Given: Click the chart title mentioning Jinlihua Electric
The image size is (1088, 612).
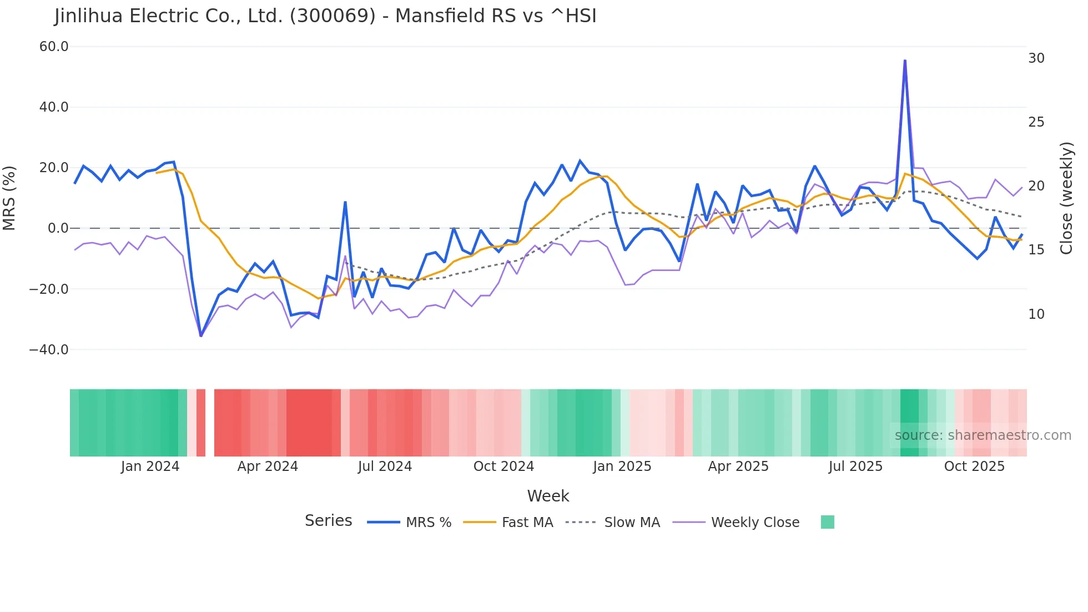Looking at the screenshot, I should (325, 16).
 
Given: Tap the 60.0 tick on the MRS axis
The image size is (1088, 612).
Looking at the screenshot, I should (54, 47).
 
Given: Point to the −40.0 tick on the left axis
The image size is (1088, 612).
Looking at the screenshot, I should (49, 350).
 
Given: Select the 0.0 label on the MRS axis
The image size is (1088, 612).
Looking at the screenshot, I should (58, 228).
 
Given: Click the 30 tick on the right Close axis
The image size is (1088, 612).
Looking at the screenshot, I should (1036, 58).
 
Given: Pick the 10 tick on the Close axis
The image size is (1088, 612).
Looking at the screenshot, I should (1036, 314).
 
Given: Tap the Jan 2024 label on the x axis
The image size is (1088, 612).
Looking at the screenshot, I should (150, 466).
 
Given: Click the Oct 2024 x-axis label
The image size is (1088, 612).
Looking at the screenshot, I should (503, 466).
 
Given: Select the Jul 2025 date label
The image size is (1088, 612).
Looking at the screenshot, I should (855, 466).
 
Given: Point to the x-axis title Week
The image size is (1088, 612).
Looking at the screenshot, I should (548, 496).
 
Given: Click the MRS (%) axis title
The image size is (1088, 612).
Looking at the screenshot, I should (9, 198).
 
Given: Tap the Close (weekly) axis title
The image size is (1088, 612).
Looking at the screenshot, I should (1066, 198).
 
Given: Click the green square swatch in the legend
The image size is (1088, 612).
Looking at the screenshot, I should (827, 522).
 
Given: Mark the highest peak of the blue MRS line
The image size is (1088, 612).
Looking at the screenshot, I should (905, 61).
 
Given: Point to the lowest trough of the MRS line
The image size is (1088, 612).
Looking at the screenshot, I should (201, 335).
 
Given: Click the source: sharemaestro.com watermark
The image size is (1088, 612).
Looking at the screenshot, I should (983, 435).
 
